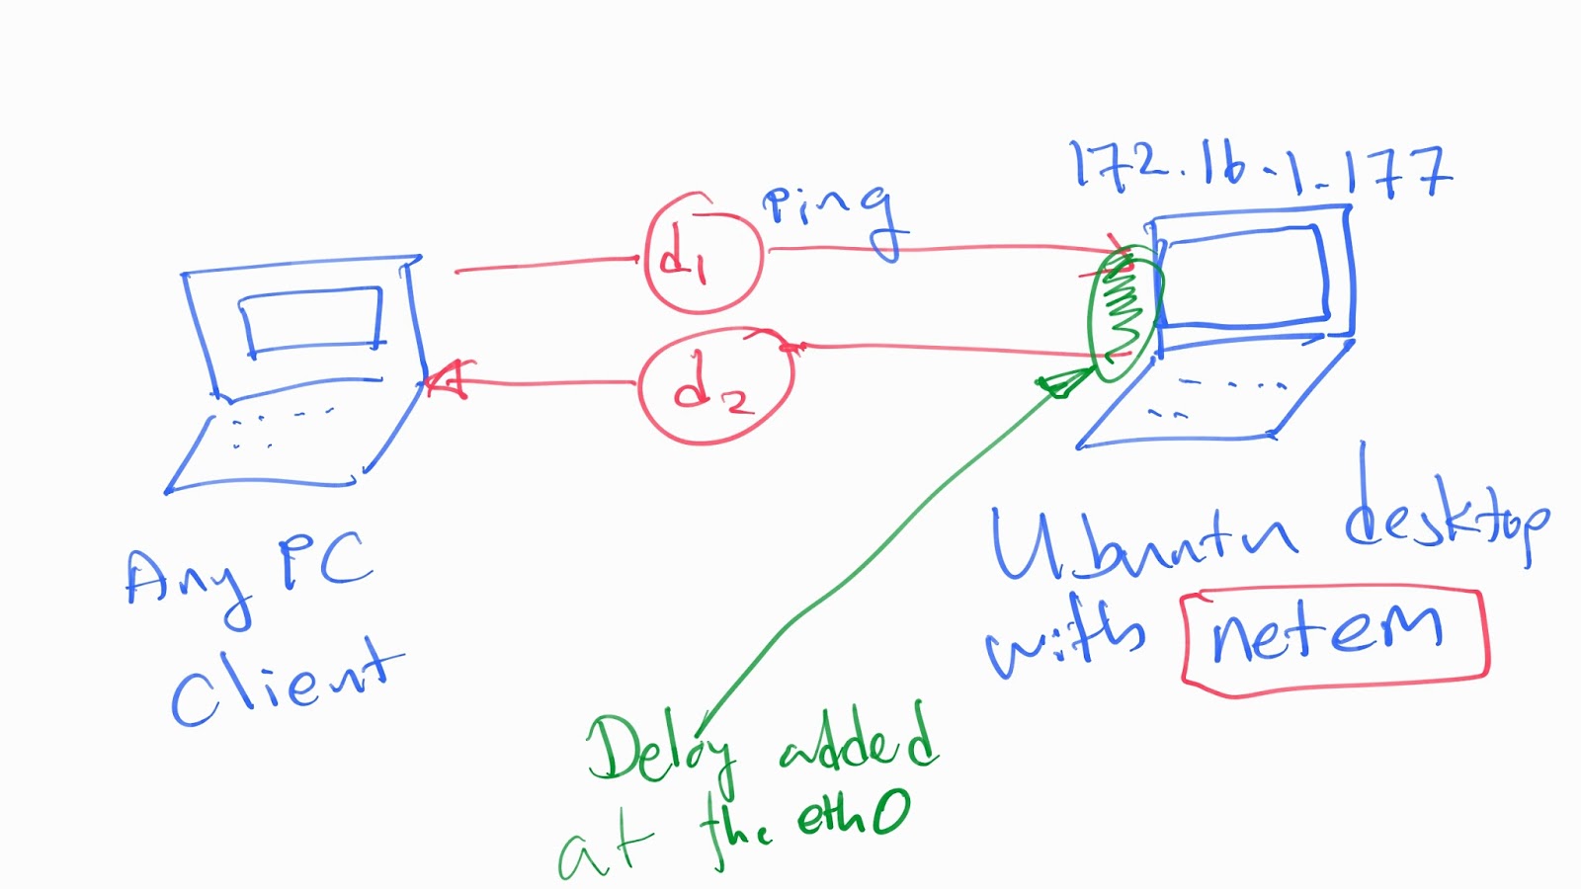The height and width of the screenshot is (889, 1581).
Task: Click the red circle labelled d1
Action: pyautogui.click(x=703, y=255)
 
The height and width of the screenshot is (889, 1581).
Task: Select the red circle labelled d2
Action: pyautogui.click(x=715, y=386)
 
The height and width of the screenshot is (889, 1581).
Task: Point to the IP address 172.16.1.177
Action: pyautogui.click(x=1260, y=169)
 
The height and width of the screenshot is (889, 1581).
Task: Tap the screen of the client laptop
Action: pyautogui.click(x=311, y=320)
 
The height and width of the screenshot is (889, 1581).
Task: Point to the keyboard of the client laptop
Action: pyautogui.click(x=282, y=435)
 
